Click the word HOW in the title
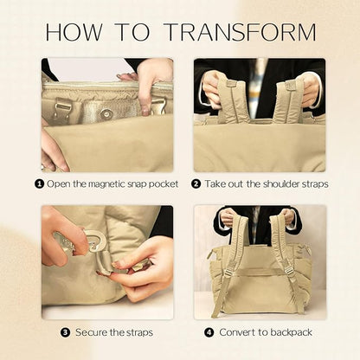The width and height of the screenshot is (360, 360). point(74,32)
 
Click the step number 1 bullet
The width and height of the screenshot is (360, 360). point(39,183)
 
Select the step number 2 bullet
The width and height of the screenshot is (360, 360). point(196,183)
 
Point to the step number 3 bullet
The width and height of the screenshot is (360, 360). point(66,332)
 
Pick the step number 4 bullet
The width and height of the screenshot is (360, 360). point(209,332)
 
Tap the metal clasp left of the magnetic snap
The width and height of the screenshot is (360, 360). point(61,109)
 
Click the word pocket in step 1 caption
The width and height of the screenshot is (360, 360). point(164,184)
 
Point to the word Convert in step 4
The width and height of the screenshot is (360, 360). point(237,332)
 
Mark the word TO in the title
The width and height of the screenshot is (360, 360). point(133,32)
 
